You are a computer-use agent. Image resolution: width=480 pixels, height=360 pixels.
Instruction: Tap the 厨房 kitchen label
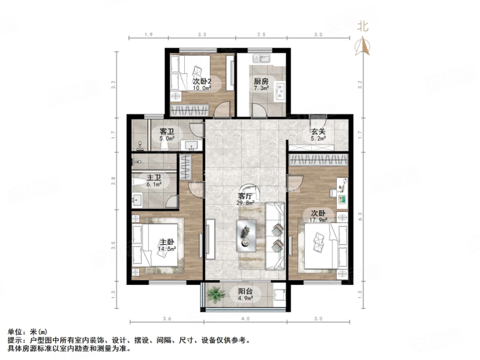click(260, 82)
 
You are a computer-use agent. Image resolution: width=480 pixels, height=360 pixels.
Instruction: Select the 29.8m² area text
click(245, 203)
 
